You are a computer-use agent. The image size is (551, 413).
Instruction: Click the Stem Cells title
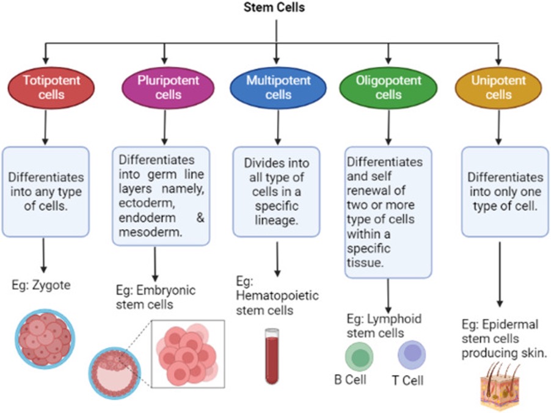pyautogui.click(x=274, y=7)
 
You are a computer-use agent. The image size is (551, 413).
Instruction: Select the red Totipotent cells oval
pyautogui.click(x=51, y=87)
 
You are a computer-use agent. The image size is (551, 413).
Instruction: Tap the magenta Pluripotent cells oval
pyautogui.click(x=169, y=87)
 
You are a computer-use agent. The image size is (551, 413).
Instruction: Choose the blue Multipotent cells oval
pyautogui.click(x=279, y=87)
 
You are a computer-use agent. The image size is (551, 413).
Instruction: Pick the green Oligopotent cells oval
pyautogui.click(x=389, y=87)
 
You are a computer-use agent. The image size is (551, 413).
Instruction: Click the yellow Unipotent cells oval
pyautogui.click(x=498, y=87)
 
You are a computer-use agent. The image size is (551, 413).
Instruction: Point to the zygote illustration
pyautogui.click(x=45, y=339)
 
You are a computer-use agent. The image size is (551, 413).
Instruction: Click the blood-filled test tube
pyautogui.click(x=272, y=356)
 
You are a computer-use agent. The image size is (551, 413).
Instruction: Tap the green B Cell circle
pyautogui.click(x=359, y=356)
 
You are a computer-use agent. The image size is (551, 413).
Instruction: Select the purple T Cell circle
pyautogui.click(x=412, y=354)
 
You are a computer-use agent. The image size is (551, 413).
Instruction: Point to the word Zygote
pyautogui.click(x=51, y=285)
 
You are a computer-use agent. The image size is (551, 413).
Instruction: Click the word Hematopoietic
pyautogui.click(x=277, y=296)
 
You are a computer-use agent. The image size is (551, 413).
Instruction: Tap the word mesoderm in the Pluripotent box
pyautogui.click(x=150, y=232)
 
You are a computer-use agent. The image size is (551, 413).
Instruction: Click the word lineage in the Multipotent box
pyautogui.click(x=277, y=221)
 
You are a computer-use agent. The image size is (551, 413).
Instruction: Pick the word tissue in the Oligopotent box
pyautogui.click(x=364, y=263)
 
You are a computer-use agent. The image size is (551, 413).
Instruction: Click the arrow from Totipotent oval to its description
pyautogui.click(x=45, y=127)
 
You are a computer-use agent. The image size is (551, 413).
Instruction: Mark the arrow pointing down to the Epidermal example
pyautogui.click(x=499, y=274)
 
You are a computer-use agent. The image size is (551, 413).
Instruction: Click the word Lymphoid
pyautogui.click(x=394, y=319)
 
